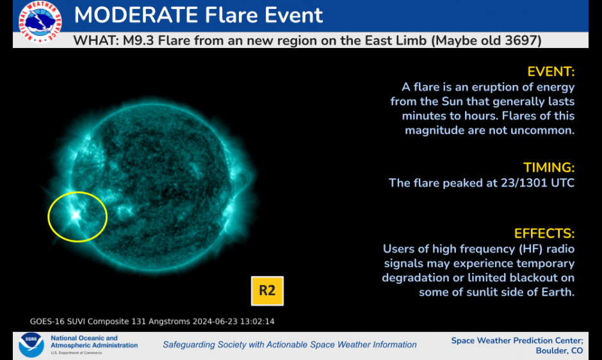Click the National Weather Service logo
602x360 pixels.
point(40,22)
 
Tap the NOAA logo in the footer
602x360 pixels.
point(31,345)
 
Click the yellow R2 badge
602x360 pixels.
point(267,291)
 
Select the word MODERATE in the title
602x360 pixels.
point(136,15)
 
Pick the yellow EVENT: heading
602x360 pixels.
point(551,72)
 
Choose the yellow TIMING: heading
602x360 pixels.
point(549,168)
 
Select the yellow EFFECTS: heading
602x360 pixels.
point(544,234)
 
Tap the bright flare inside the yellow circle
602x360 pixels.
point(76,215)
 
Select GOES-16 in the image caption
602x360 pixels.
point(47,321)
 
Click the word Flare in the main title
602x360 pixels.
point(231,15)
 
